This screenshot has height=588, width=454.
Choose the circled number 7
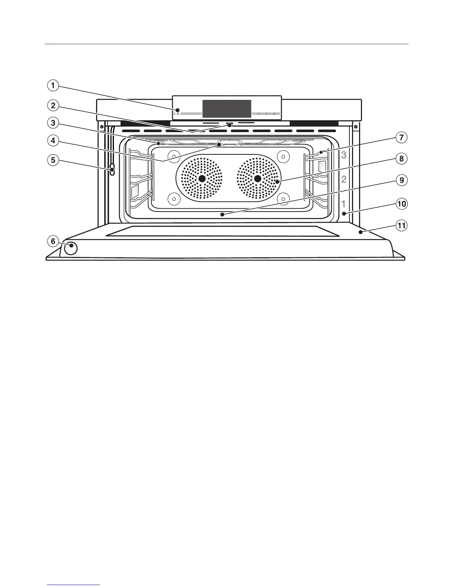coord(401,138)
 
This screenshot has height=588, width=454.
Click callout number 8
coord(401,159)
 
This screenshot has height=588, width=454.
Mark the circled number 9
coord(401,180)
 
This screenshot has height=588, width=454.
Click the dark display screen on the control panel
coord(227,109)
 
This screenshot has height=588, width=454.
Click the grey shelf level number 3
coord(344,155)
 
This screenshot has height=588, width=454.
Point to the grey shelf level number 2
coord(344,180)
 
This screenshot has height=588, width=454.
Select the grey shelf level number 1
coord(344,204)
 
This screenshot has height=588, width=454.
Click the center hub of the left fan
coord(202,179)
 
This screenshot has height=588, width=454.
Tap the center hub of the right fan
coord(257,179)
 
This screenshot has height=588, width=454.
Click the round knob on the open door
coord(70,248)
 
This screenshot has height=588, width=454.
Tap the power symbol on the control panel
coord(178,114)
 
